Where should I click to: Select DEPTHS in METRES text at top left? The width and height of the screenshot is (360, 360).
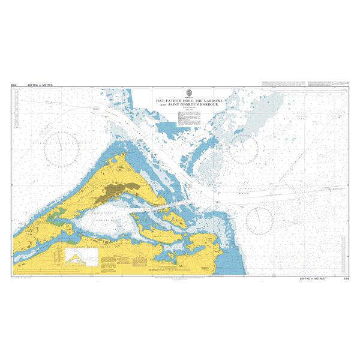(40, 85)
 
